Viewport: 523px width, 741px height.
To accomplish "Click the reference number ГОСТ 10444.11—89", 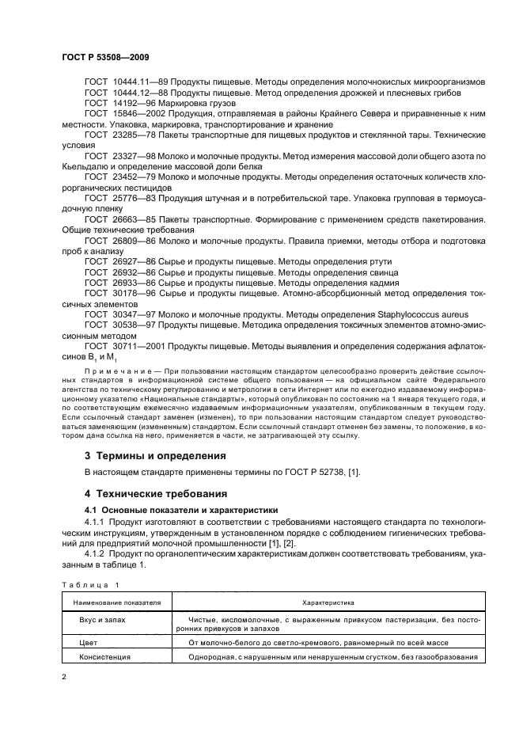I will [x=120, y=82].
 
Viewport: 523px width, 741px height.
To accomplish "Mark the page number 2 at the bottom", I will [x=64, y=677].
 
